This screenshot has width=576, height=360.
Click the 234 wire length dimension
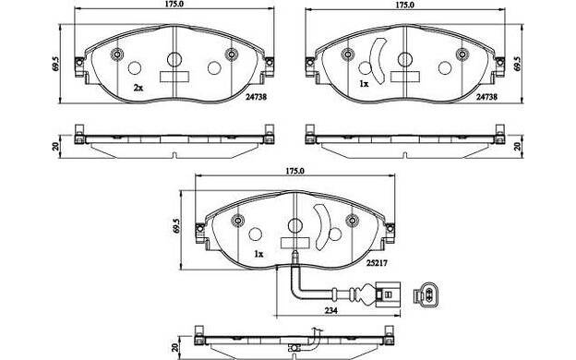[x=331, y=310]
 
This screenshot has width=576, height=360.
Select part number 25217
[x=377, y=263]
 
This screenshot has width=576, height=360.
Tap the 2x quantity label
[x=138, y=88]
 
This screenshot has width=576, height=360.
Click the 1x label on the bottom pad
[x=258, y=254]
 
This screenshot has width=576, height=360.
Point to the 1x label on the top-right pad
[x=364, y=84]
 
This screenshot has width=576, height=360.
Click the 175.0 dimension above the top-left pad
[x=174, y=5]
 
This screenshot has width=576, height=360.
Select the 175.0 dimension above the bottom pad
[x=295, y=171]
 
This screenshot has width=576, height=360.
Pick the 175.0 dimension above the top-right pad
[x=405, y=5]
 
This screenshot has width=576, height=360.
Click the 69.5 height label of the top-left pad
[x=55, y=64]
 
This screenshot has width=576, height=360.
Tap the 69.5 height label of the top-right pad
[x=518, y=64]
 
